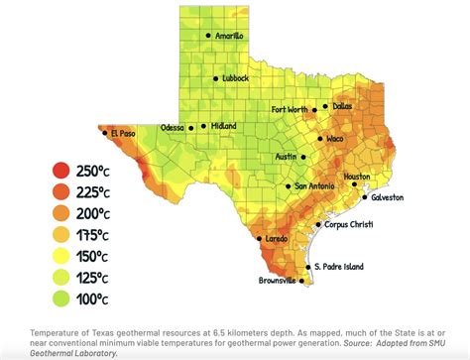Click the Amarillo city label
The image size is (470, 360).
pyautogui.click(x=230, y=36)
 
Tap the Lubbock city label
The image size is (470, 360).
pyautogui.click(x=235, y=77)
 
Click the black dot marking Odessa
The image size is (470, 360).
pyautogui.click(x=191, y=128)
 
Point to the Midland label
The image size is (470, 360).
pyautogui.click(x=223, y=127)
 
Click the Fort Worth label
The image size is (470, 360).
pyautogui.click(x=291, y=109)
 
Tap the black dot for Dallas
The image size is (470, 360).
pyautogui.click(x=325, y=106)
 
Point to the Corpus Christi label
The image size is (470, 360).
pyautogui.click(x=350, y=225)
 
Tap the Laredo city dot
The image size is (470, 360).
pyautogui.click(x=260, y=239)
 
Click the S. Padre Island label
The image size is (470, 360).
pyautogui.click(x=340, y=267)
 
